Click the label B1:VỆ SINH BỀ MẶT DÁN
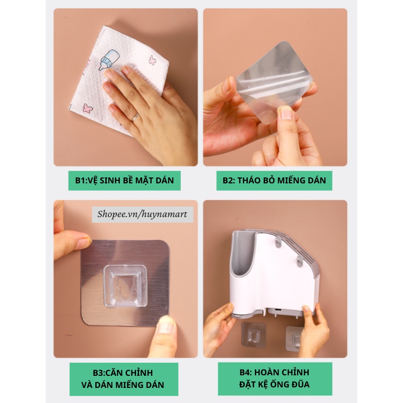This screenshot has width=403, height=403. click(x=124, y=180)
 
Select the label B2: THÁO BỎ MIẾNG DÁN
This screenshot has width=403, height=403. click(x=274, y=180)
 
